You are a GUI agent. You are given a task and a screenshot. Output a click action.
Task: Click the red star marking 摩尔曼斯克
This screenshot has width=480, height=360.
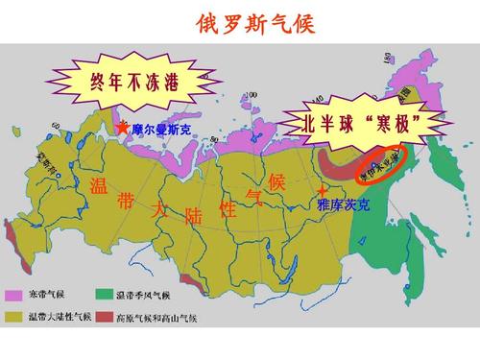tap(122, 126)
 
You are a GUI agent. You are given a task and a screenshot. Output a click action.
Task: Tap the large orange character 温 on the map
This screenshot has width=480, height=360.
tap(98, 183)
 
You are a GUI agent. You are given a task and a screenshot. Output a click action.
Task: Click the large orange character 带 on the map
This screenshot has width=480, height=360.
tap(126, 202)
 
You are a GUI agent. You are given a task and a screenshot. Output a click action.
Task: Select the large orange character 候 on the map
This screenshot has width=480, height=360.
tap(277, 181)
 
